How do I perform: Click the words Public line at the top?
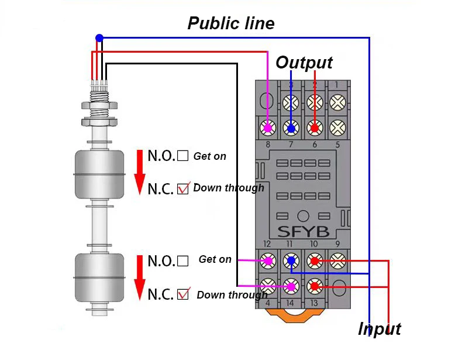[x=230, y=23]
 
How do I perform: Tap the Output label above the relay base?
[x=304, y=63]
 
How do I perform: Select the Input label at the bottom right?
[x=379, y=329]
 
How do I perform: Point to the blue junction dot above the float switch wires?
[x=99, y=38]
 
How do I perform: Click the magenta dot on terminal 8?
[x=268, y=127]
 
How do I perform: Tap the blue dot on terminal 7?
[x=291, y=128]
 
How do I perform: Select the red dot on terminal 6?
[x=315, y=128]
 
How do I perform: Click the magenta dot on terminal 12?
[x=268, y=260]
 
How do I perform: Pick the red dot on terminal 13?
[x=315, y=286]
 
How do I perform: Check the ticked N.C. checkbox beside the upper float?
[x=183, y=189]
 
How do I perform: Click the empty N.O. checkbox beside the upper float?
[x=183, y=156]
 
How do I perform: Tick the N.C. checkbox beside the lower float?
[x=183, y=294]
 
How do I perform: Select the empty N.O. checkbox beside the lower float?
[x=183, y=261]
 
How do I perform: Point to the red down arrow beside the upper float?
[x=140, y=173]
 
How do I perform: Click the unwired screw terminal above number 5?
[x=337, y=127]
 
